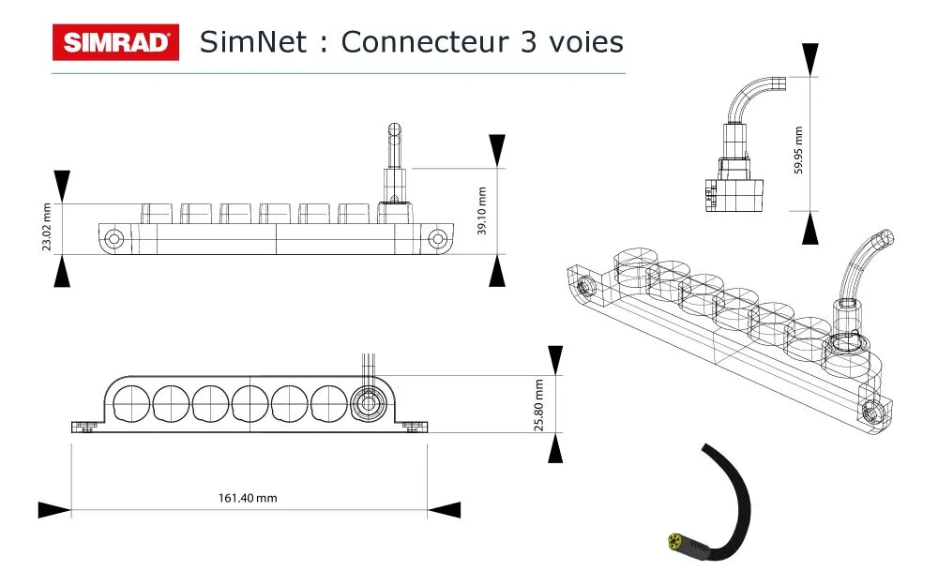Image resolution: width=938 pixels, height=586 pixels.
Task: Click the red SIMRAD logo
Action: point(115,42)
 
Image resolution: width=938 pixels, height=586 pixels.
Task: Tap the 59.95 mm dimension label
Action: point(798,150)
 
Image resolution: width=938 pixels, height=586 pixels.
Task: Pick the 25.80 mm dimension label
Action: point(539,404)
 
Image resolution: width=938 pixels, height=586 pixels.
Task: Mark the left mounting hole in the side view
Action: point(114,239)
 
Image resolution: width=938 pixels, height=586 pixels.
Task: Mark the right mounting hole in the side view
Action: point(436,239)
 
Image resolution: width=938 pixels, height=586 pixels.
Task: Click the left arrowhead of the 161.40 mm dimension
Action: point(54,510)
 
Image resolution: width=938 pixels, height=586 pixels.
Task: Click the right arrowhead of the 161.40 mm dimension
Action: point(445,510)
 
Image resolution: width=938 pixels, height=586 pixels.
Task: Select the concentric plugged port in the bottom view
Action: point(365,404)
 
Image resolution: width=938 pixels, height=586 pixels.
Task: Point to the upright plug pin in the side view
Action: point(395,150)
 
